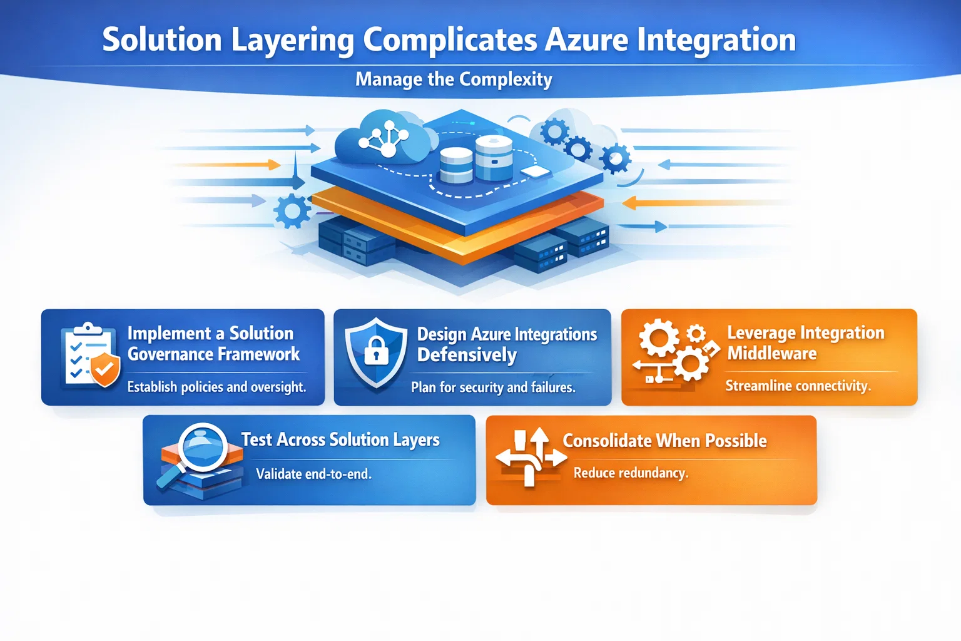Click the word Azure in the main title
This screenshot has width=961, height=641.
tap(586, 40)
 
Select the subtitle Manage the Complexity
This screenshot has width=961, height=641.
tap(454, 79)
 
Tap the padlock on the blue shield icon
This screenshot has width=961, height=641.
tap(376, 351)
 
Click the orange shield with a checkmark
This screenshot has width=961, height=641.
tap(105, 369)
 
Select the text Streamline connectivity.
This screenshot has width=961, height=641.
tap(798, 386)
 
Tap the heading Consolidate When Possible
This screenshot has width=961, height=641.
tap(664, 441)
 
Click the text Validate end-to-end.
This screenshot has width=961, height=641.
tap(313, 474)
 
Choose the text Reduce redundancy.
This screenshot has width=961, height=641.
tap(631, 473)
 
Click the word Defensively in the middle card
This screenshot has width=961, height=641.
tap(467, 355)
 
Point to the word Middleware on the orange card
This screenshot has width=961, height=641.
tap(772, 353)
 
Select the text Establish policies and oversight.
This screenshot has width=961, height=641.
tap(216, 387)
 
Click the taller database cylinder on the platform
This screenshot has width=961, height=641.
tap(494, 157)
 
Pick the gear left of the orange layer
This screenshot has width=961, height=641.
tap(292, 210)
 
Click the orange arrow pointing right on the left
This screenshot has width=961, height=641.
tap(227, 165)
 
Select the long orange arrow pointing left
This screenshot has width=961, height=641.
tap(704, 203)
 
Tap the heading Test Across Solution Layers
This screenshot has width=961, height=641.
tap(340, 439)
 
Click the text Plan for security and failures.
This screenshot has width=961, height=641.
tap(493, 387)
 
